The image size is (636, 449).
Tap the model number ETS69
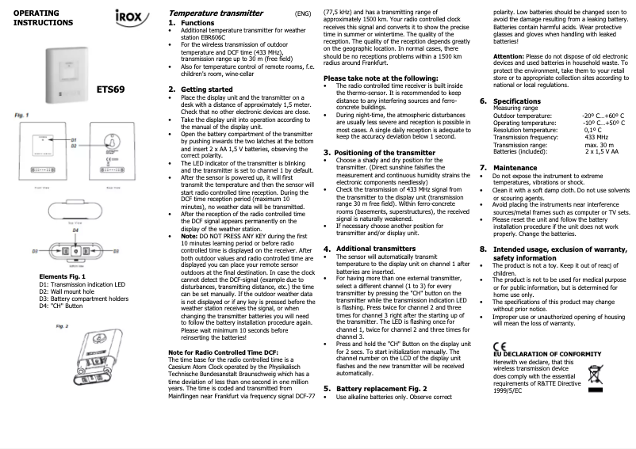point(110,89)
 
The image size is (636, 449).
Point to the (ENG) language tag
point(302,14)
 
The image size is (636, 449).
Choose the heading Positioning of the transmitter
point(380,151)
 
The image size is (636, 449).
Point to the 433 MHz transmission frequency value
point(596,137)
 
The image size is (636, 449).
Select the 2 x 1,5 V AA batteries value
point(602,151)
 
